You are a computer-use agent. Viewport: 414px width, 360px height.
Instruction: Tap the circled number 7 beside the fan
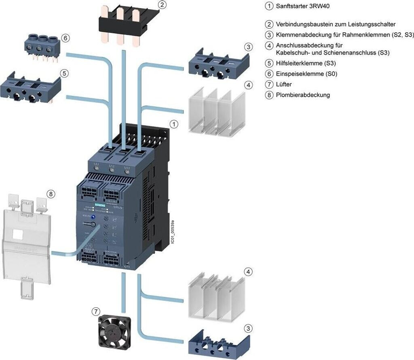pos(95,311)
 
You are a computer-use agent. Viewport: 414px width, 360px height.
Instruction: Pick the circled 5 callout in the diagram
pos(64,73)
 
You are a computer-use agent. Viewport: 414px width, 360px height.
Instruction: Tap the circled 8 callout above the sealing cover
pos(50,194)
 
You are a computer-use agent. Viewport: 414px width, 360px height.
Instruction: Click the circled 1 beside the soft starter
pos(174,124)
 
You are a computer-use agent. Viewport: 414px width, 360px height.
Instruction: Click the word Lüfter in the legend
pos(284,85)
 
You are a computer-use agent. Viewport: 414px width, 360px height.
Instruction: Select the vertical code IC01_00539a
pos(173,231)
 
